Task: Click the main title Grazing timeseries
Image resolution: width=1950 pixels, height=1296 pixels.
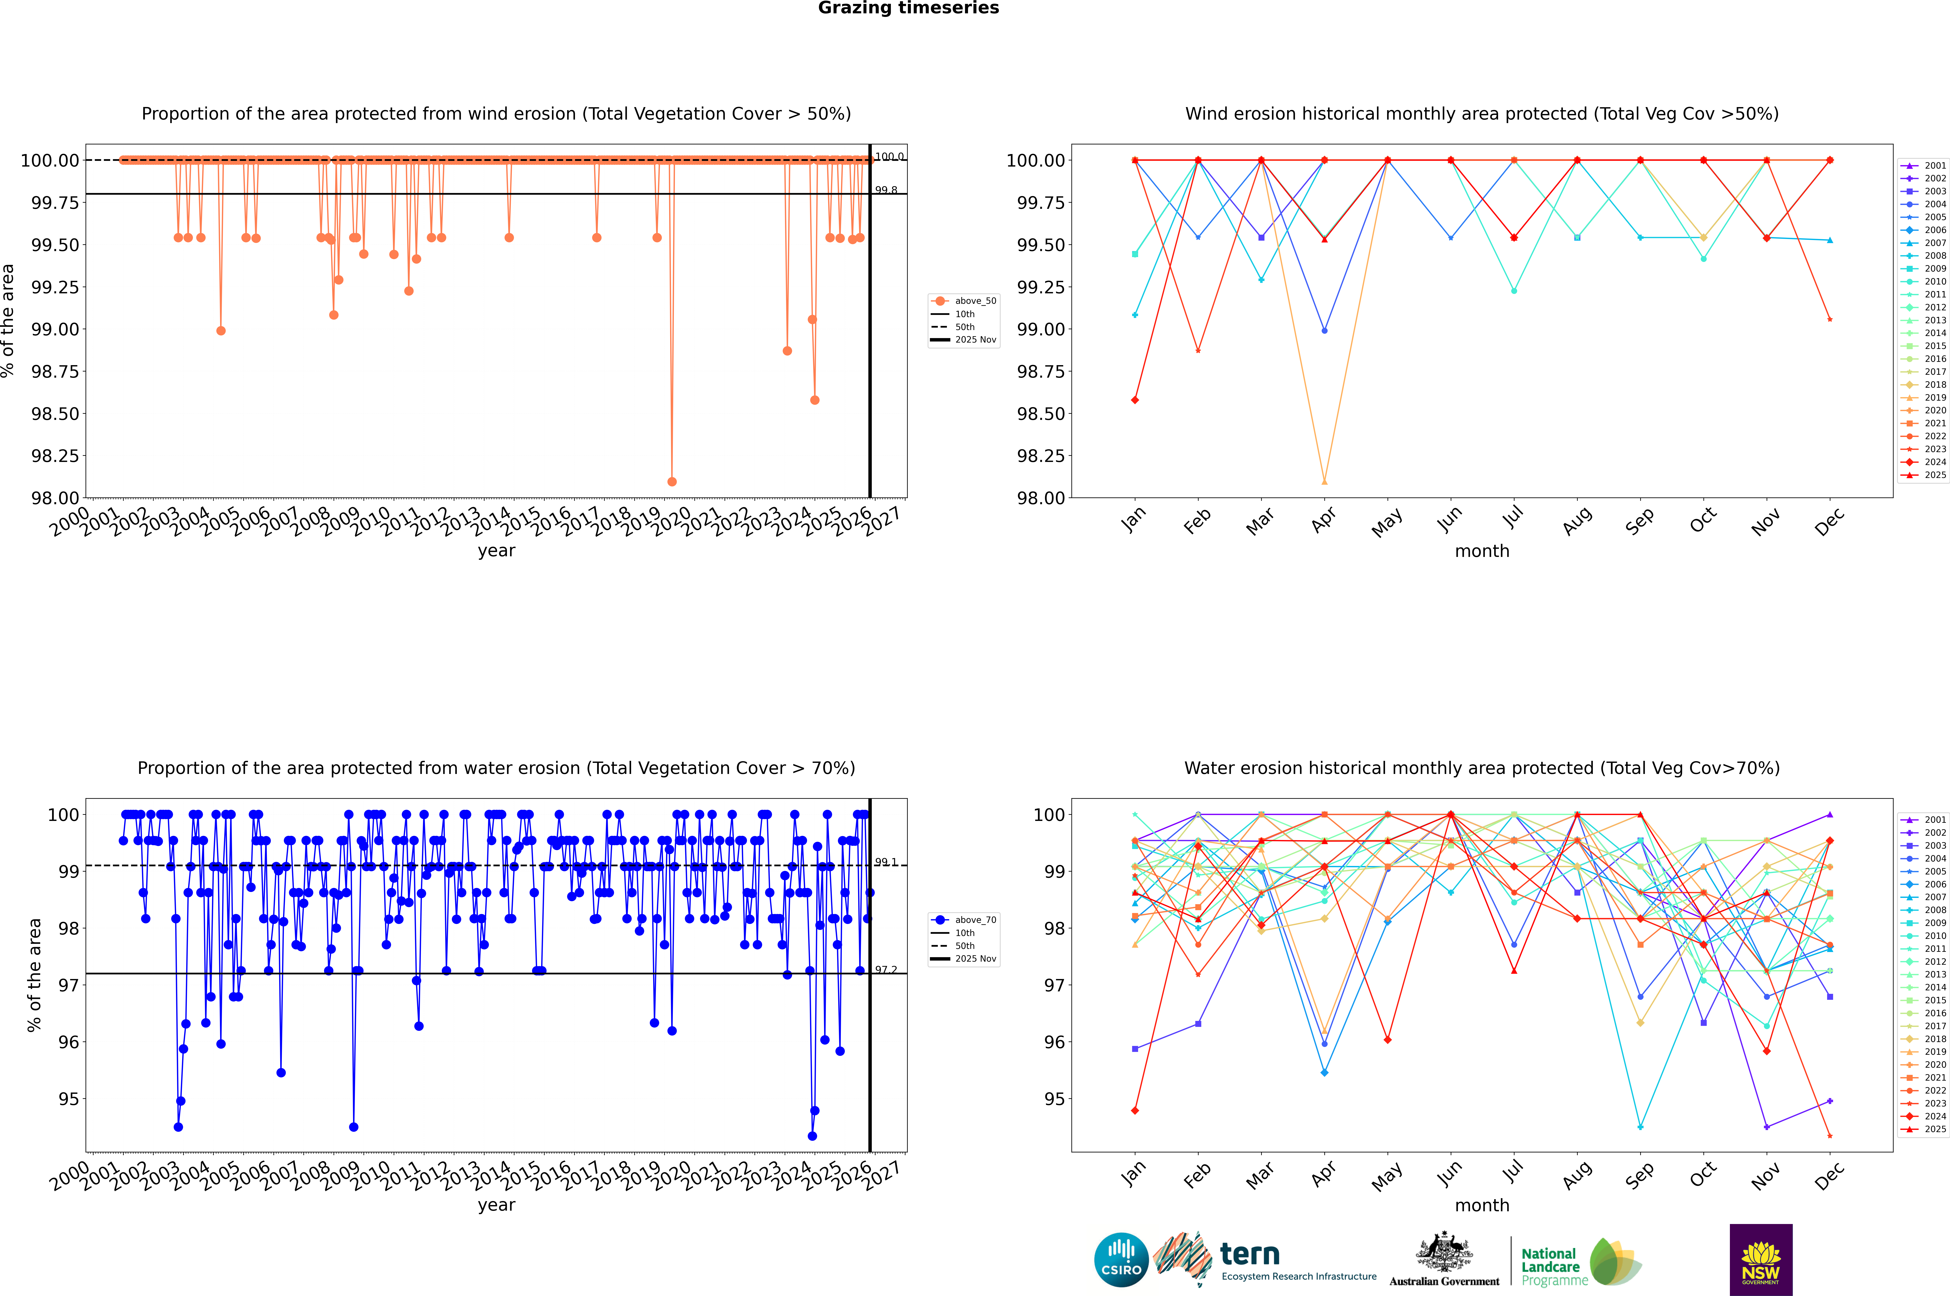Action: pyautogui.click(x=909, y=8)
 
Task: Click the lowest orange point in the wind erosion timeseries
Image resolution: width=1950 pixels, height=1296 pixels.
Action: pyautogui.click(x=672, y=481)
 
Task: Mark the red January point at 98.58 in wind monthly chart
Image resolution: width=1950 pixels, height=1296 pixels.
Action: pyautogui.click(x=1135, y=400)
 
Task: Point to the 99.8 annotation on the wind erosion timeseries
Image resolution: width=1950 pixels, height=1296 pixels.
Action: pyautogui.click(x=886, y=190)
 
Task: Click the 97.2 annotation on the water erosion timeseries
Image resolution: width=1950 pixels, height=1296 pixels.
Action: pyautogui.click(x=886, y=969)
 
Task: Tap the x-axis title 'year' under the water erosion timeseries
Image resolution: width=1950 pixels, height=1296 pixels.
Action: pyautogui.click(x=496, y=1205)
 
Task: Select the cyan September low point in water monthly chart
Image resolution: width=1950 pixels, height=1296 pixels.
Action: pyautogui.click(x=1640, y=1127)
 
